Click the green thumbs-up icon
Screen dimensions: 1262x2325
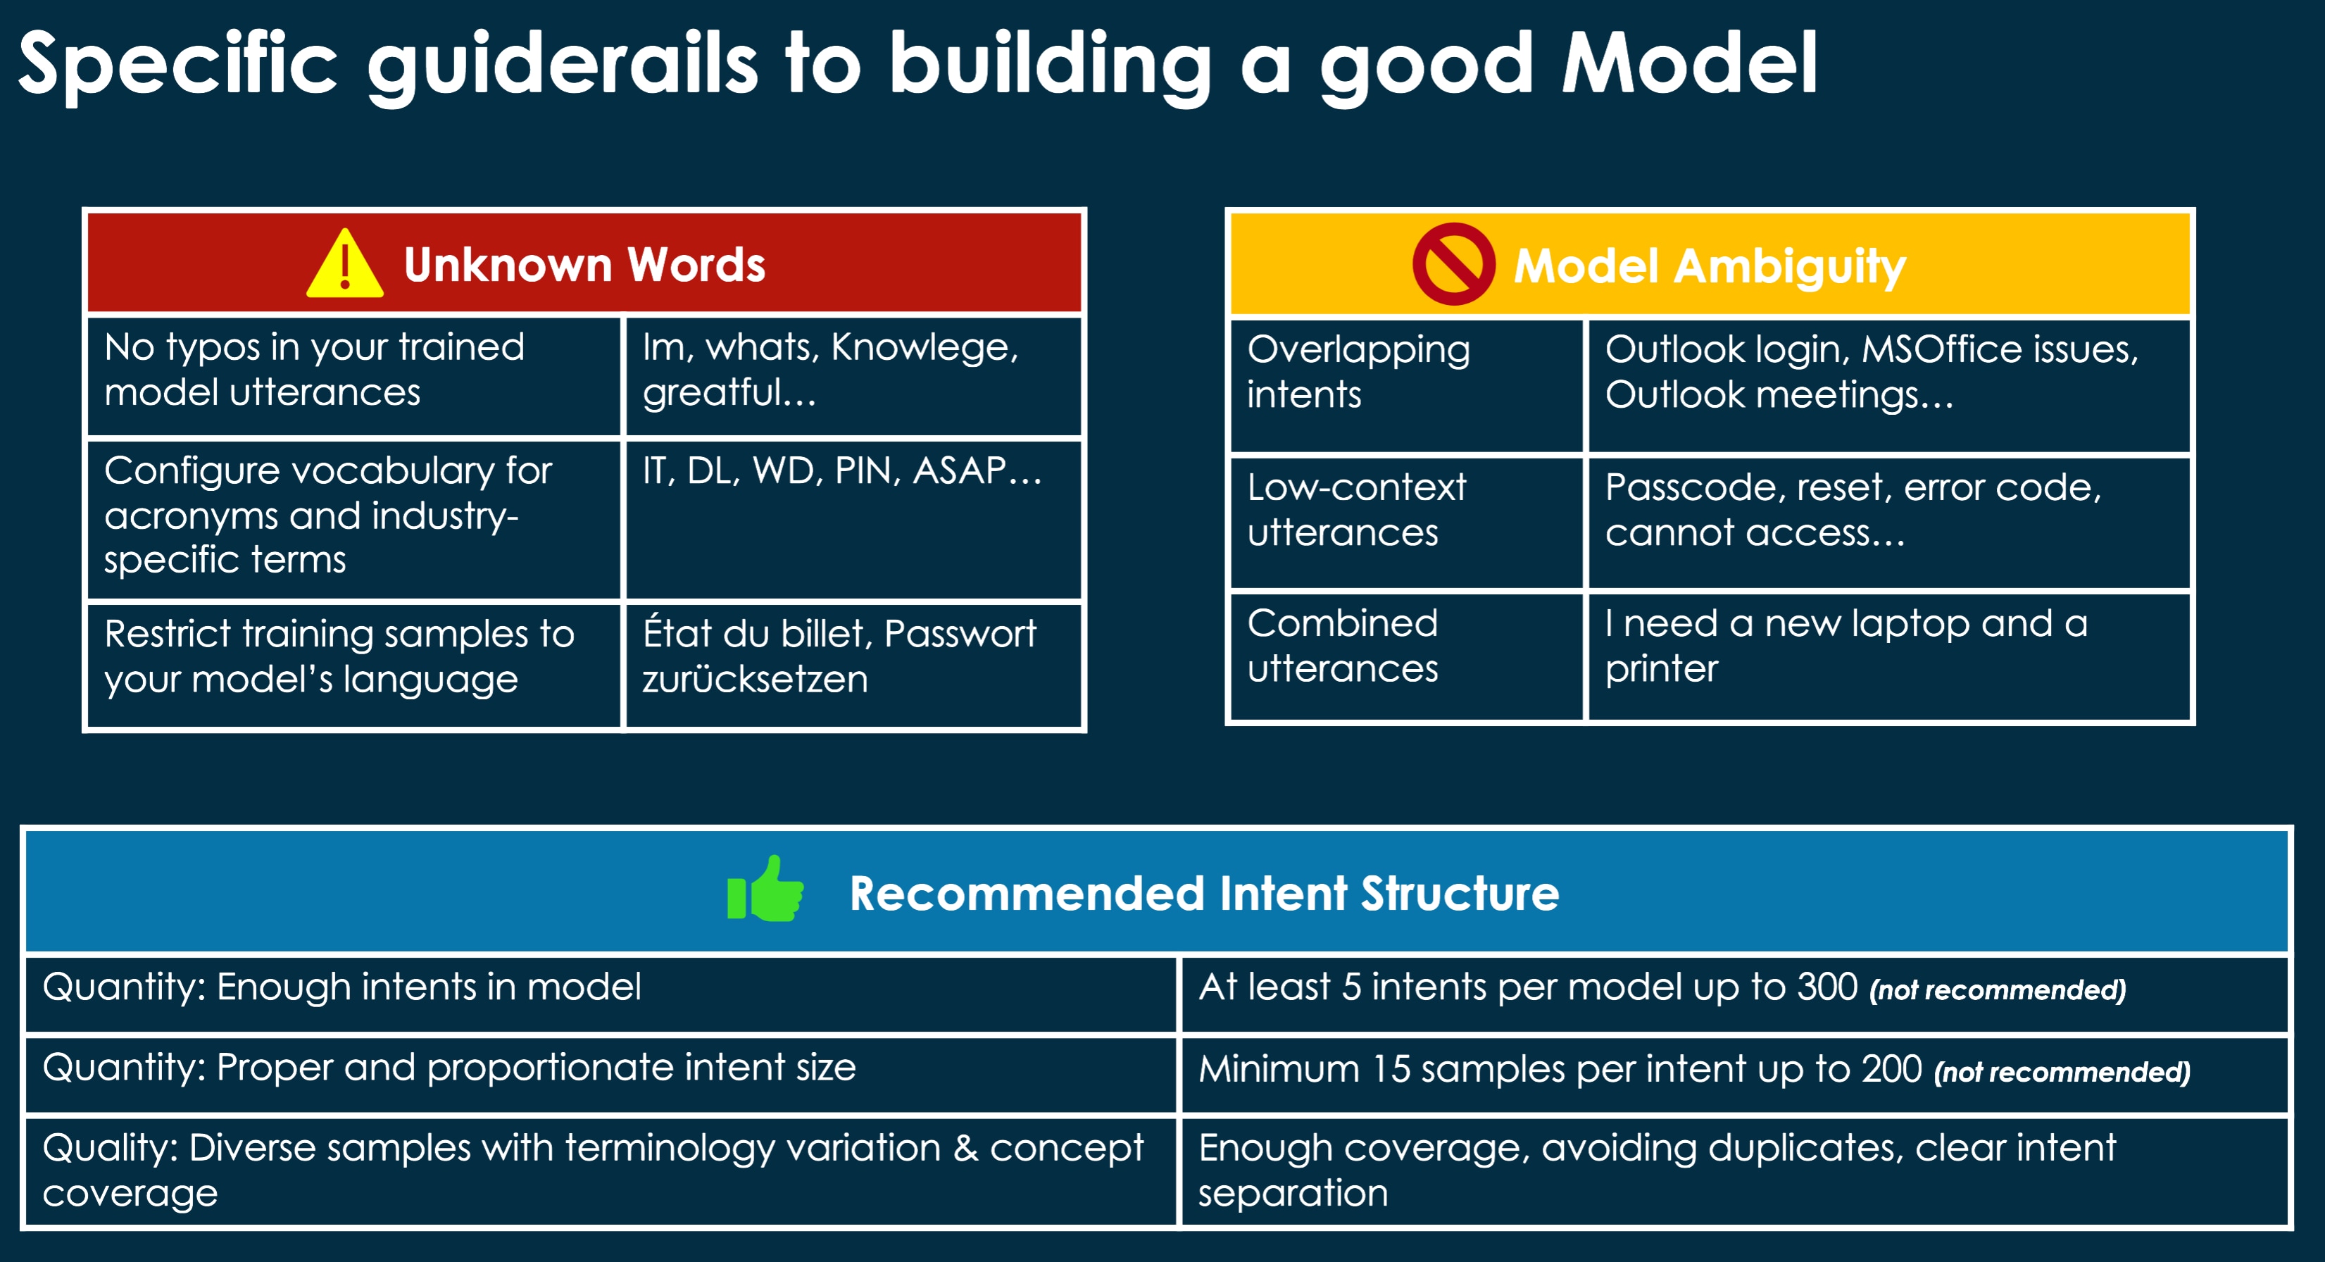pos(765,890)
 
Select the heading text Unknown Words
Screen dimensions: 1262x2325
pos(584,265)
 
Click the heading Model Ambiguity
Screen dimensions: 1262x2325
pos(1709,266)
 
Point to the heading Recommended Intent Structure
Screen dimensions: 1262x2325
pos(1203,894)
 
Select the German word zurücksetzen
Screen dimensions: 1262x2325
pos(755,679)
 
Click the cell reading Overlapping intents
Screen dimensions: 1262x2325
pos(1358,372)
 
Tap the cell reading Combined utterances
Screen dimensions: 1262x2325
pos(1342,646)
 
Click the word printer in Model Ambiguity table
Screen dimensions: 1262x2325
pos(1661,670)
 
